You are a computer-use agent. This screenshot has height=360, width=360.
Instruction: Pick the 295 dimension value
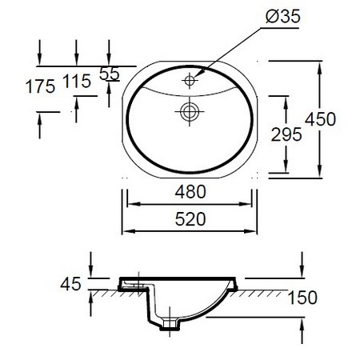(286, 134)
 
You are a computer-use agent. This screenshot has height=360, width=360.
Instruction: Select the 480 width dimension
(190, 192)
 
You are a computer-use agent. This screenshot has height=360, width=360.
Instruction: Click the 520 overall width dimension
(190, 218)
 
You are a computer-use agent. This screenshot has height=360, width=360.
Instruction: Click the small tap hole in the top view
(190, 80)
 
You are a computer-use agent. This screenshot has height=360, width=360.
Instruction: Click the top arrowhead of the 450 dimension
(321, 65)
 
